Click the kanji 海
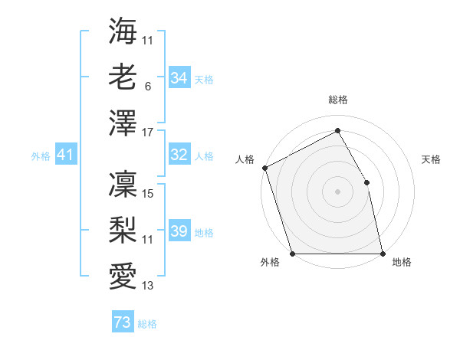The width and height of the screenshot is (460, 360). click(123, 32)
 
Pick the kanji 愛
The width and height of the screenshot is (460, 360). click(123, 273)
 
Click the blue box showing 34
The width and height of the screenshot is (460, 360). click(179, 78)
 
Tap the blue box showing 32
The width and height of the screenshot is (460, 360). click(179, 155)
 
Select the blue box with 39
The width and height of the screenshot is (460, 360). click(179, 232)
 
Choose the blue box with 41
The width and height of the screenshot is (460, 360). click(65, 155)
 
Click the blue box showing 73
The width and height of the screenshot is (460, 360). click(122, 322)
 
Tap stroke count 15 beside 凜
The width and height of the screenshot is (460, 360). click(148, 194)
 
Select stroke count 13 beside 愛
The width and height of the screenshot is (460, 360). click(148, 286)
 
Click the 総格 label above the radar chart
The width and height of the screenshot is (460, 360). click(337, 100)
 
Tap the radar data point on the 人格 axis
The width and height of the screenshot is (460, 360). click(264, 168)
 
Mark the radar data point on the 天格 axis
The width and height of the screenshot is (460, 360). click(366, 182)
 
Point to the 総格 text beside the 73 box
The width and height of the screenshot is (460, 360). click(147, 324)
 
